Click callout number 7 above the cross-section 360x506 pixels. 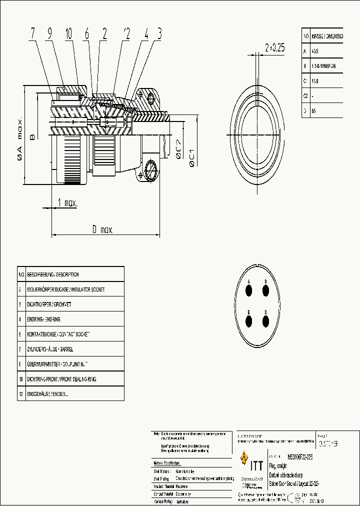32,34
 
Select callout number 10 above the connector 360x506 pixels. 68,34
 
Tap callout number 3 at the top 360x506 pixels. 159,34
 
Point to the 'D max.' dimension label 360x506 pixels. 102,230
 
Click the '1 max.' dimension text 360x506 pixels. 67,203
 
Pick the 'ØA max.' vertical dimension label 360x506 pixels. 20,139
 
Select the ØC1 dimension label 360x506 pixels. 191,156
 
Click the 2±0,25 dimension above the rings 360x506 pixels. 274,47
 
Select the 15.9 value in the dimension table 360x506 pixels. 315,81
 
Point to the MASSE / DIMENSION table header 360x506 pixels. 327,36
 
